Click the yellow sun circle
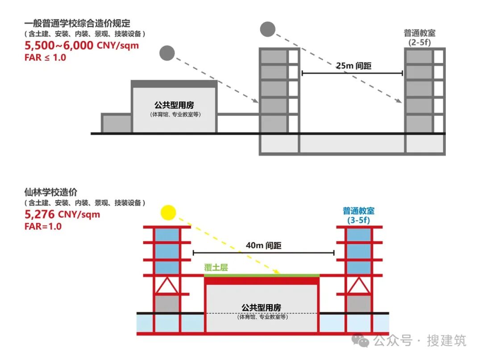point(170,212)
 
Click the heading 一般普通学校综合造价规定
point(77,24)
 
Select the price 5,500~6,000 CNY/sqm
point(81,45)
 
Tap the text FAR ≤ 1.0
point(45,57)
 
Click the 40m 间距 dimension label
point(264,245)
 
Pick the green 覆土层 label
point(216,268)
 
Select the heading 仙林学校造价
point(51,192)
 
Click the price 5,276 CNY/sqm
point(62,214)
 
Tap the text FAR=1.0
point(43,226)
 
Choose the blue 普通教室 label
point(358,211)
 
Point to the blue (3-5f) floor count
point(358,220)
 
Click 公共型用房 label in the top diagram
point(175,105)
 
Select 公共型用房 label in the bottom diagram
point(262,307)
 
